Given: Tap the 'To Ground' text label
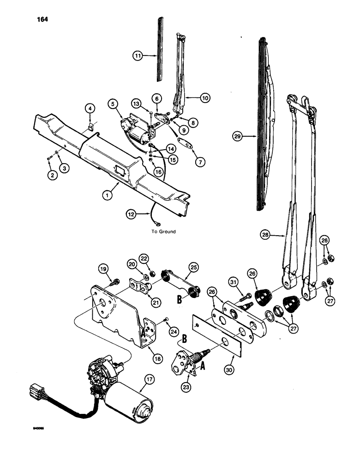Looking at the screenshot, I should tap(163, 231).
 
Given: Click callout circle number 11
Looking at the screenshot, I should tap(137, 55).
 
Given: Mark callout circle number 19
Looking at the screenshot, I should tap(102, 268).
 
